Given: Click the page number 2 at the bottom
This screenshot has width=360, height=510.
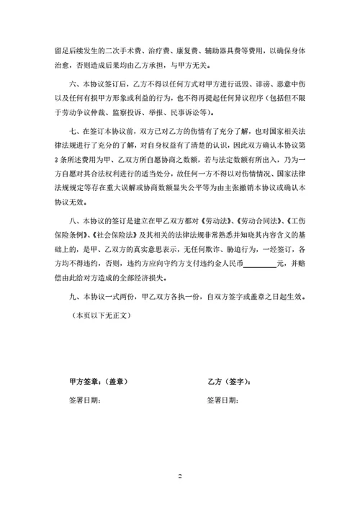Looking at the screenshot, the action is click(x=181, y=477).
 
